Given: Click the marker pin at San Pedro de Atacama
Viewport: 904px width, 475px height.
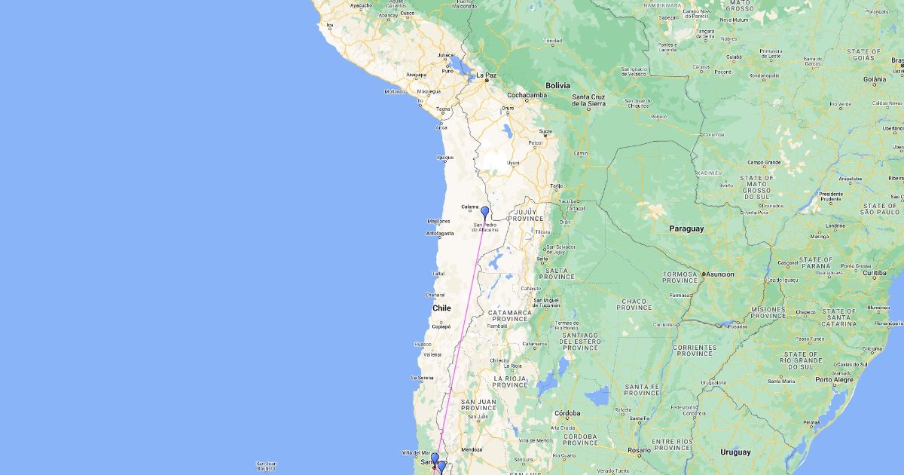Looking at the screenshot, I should [485, 213].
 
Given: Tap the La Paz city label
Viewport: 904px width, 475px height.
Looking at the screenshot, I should [486, 75].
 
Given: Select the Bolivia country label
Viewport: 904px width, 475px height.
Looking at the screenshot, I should [558, 85].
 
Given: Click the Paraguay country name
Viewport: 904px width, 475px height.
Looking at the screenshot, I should [686, 228].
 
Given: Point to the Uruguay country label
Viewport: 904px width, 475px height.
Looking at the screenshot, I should [734, 452].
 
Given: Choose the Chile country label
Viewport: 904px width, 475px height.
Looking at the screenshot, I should [441, 308].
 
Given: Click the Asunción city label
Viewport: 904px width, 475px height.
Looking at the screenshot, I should [719, 274].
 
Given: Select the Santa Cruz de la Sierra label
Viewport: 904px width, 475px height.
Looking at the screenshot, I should [588, 100].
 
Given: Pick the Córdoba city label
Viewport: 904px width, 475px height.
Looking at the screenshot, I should [567, 413].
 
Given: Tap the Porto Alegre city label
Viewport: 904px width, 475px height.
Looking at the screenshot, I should [834, 379].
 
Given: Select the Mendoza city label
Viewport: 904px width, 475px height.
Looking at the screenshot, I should [471, 449].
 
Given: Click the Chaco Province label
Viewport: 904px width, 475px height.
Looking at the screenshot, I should [634, 304].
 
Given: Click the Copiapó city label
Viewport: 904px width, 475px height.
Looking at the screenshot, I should [441, 326].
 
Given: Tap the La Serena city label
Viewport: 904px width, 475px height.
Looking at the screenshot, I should [422, 377].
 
